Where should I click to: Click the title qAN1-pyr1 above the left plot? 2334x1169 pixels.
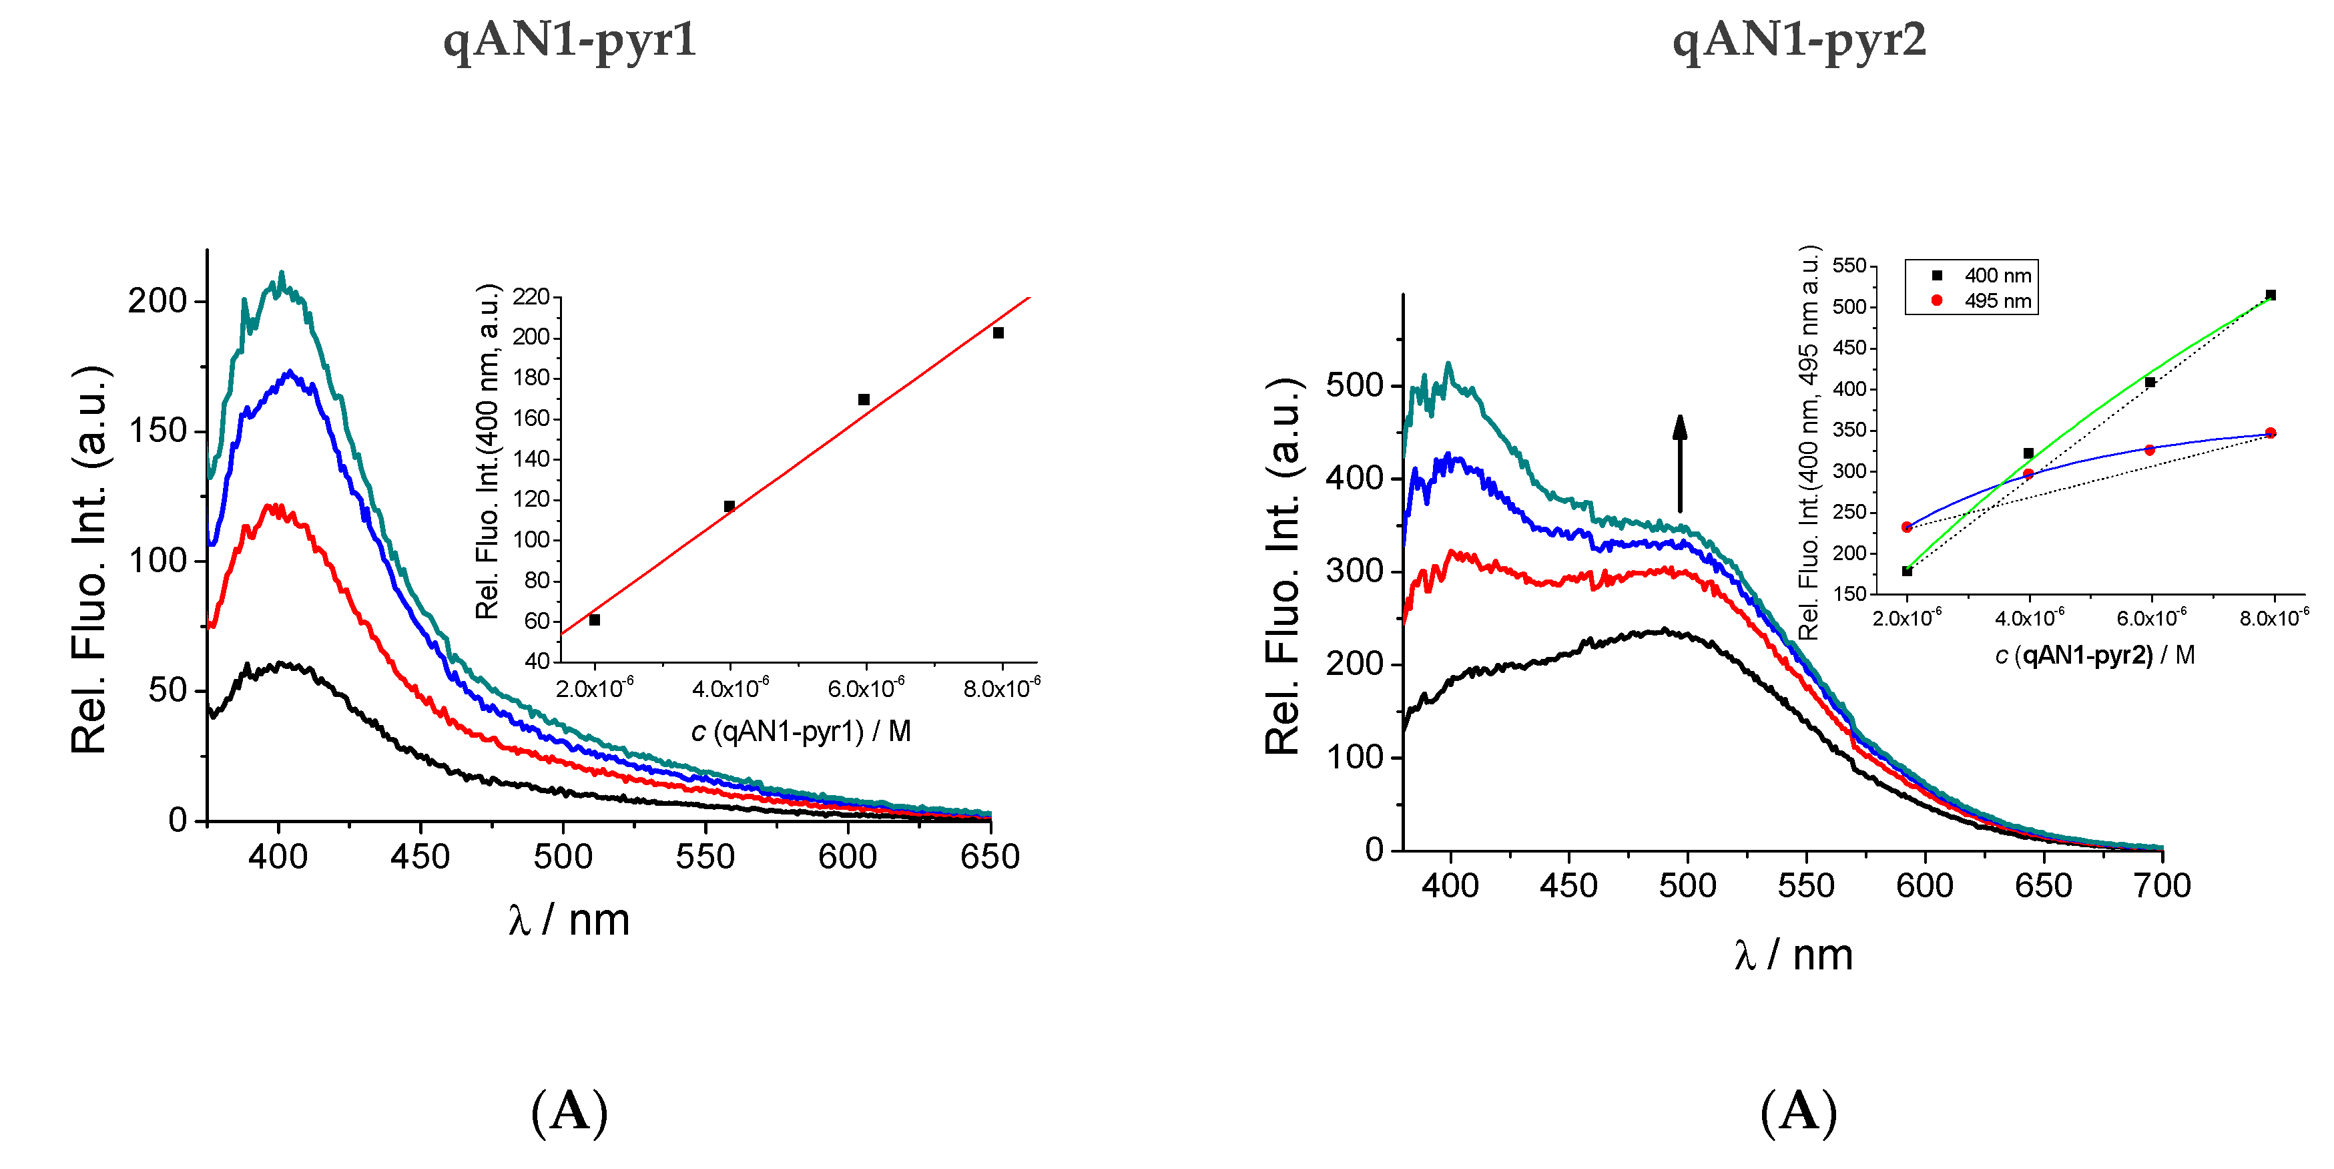pyautogui.click(x=569, y=41)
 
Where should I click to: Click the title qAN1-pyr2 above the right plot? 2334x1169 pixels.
pyautogui.click(x=1799, y=41)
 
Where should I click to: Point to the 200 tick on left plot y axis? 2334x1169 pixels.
pyautogui.click(x=157, y=301)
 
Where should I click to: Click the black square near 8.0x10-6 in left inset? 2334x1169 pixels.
pyautogui.click(x=998, y=332)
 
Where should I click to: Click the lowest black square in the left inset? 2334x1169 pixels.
pyautogui.click(x=595, y=620)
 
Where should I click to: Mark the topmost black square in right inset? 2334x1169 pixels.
pyautogui.click(x=2271, y=294)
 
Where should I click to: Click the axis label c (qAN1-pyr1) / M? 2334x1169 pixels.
pyautogui.click(x=801, y=731)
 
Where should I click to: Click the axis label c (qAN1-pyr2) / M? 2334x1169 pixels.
pyautogui.click(x=2094, y=655)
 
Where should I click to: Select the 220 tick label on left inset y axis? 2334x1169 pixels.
pyautogui.click(x=531, y=297)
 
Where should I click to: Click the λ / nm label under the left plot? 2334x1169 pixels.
pyautogui.click(x=569, y=921)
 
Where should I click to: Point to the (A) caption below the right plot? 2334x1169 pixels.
pyautogui.click(x=1799, y=1111)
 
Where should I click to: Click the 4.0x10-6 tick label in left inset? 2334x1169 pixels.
pyautogui.click(x=730, y=690)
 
